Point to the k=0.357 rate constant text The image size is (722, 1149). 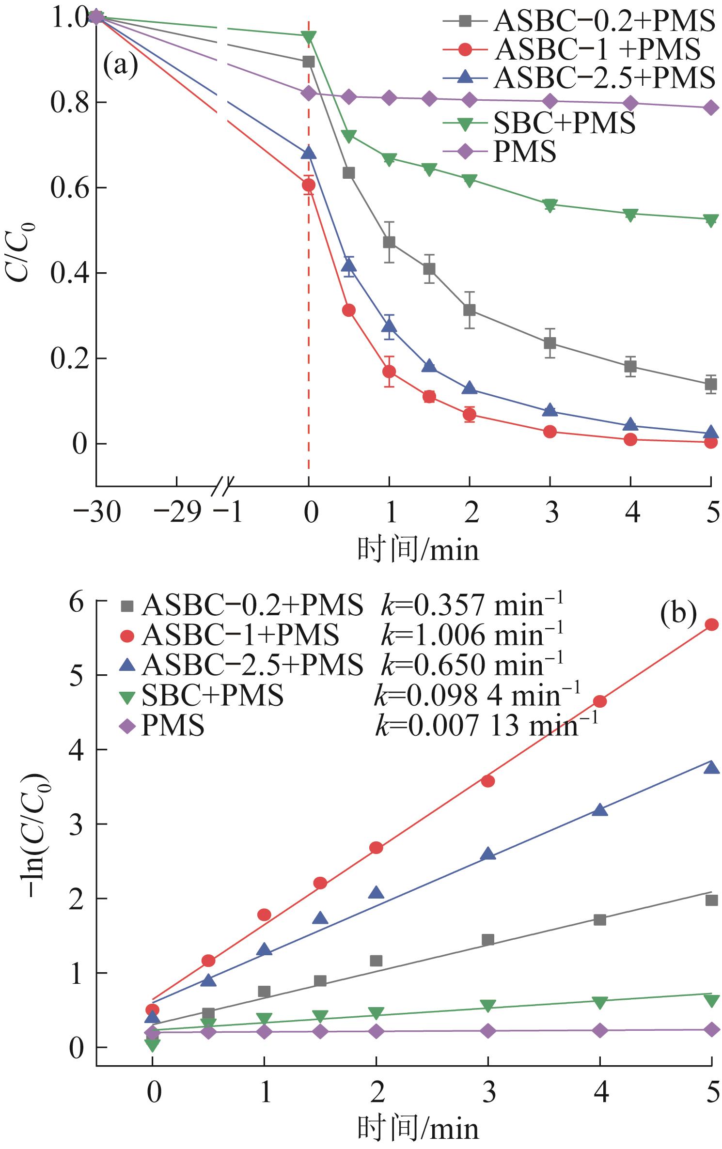472,606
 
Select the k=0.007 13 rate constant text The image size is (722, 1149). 487,726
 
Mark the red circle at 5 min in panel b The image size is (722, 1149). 711,625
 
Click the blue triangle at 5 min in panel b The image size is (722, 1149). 711,767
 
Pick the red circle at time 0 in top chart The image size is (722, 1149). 309,185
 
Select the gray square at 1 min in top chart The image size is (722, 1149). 389,242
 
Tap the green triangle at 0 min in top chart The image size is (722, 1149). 309,37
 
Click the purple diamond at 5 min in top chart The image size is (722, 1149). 711,108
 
